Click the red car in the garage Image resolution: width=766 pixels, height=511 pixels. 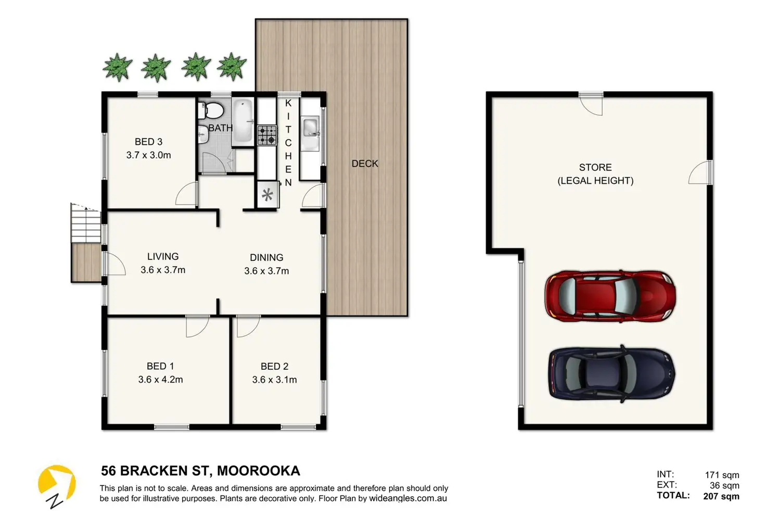pyautogui.click(x=610, y=296)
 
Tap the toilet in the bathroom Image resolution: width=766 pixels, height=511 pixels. pyautogui.click(x=211, y=110)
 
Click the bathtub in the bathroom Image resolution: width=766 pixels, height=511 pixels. pyautogui.click(x=243, y=122)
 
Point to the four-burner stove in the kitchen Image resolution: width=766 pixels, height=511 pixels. pyautogui.click(x=267, y=135)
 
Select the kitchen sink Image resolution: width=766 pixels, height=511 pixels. pyautogui.click(x=311, y=133)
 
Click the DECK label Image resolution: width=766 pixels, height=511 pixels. pyautogui.click(x=365, y=164)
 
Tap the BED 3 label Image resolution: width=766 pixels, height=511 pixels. pyautogui.click(x=148, y=142)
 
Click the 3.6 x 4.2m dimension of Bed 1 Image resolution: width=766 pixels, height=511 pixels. pyautogui.click(x=160, y=380)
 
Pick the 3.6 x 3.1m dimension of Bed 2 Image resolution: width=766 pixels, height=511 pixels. pyautogui.click(x=274, y=380)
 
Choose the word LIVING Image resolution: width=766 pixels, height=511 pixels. pyautogui.click(x=163, y=256)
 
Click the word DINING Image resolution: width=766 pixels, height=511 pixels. pyautogui.click(x=266, y=257)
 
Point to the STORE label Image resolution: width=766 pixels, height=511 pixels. pyautogui.click(x=595, y=167)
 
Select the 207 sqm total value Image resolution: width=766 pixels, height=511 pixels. pyautogui.click(x=721, y=496)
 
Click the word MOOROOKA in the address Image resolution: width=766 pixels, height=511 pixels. pyautogui.click(x=259, y=471)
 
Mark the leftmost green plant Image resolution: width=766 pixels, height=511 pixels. pyautogui.click(x=118, y=67)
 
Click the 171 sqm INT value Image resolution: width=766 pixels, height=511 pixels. pyautogui.click(x=722, y=475)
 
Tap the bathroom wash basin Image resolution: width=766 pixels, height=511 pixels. pyautogui.click(x=203, y=134)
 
